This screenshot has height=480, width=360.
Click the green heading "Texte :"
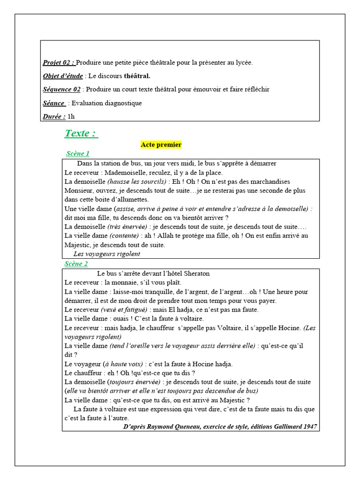pyautogui.click(x=81, y=133)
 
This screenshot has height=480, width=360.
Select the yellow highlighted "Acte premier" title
pyautogui.click(x=161, y=145)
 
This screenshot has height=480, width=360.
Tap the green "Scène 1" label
pyautogui.click(x=78, y=154)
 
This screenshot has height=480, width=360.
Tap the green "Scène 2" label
pyautogui.click(x=76, y=264)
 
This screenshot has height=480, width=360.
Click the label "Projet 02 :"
pyautogui.click(x=59, y=62)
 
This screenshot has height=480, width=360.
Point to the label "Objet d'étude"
pyautogui.click(x=63, y=76)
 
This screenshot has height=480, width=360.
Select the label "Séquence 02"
pyautogui.click(x=61, y=90)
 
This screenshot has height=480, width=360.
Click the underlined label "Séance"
pyautogui.click(x=54, y=103)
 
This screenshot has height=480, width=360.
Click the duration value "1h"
pyautogui.click(x=71, y=116)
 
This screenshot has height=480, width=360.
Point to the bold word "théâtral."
pyautogui.click(x=137, y=76)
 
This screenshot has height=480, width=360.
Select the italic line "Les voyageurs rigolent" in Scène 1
pyautogui.click(x=107, y=254)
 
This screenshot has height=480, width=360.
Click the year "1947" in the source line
pyautogui.click(x=309, y=427)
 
